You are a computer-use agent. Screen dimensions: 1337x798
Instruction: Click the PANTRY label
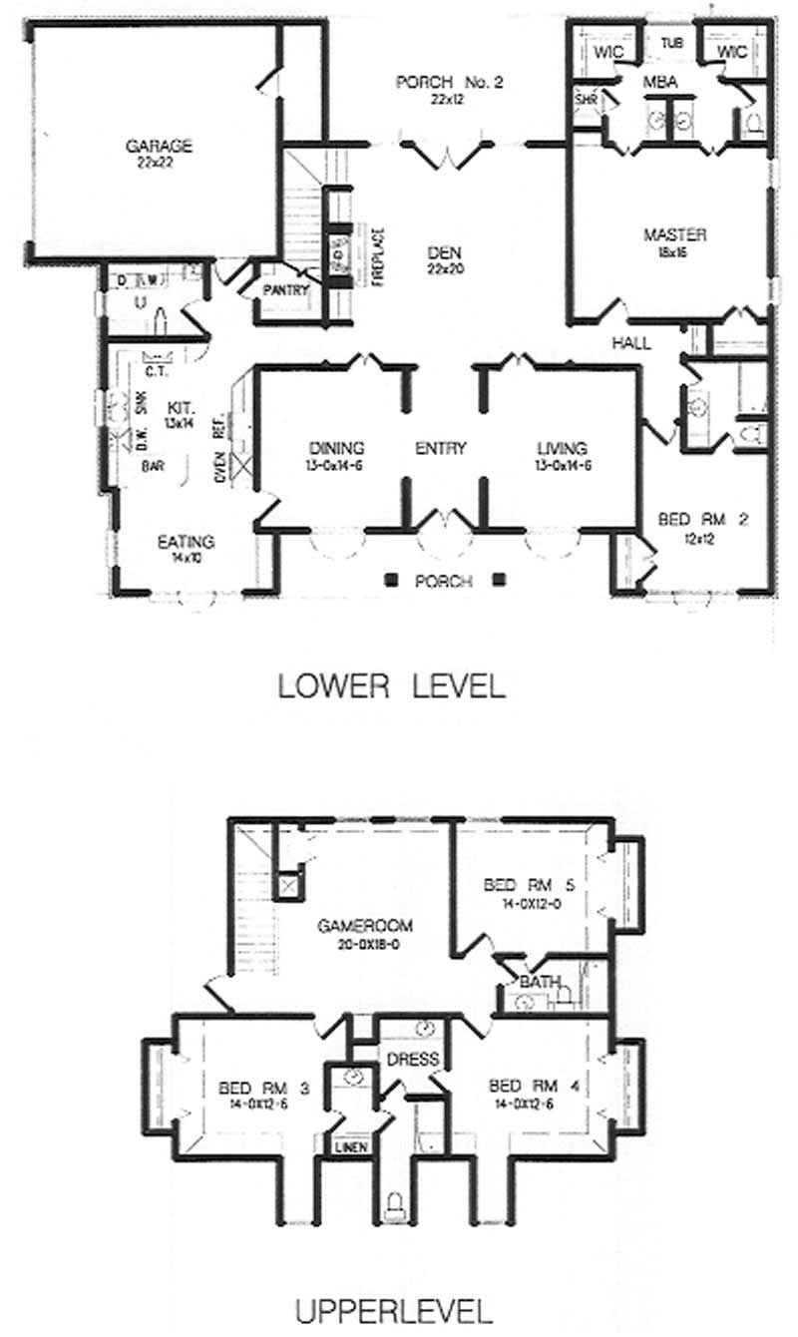click(x=286, y=292)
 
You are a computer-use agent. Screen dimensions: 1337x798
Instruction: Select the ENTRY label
click(x=441, y=449)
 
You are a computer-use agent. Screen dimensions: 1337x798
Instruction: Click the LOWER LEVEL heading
click(x=392, y=686)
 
